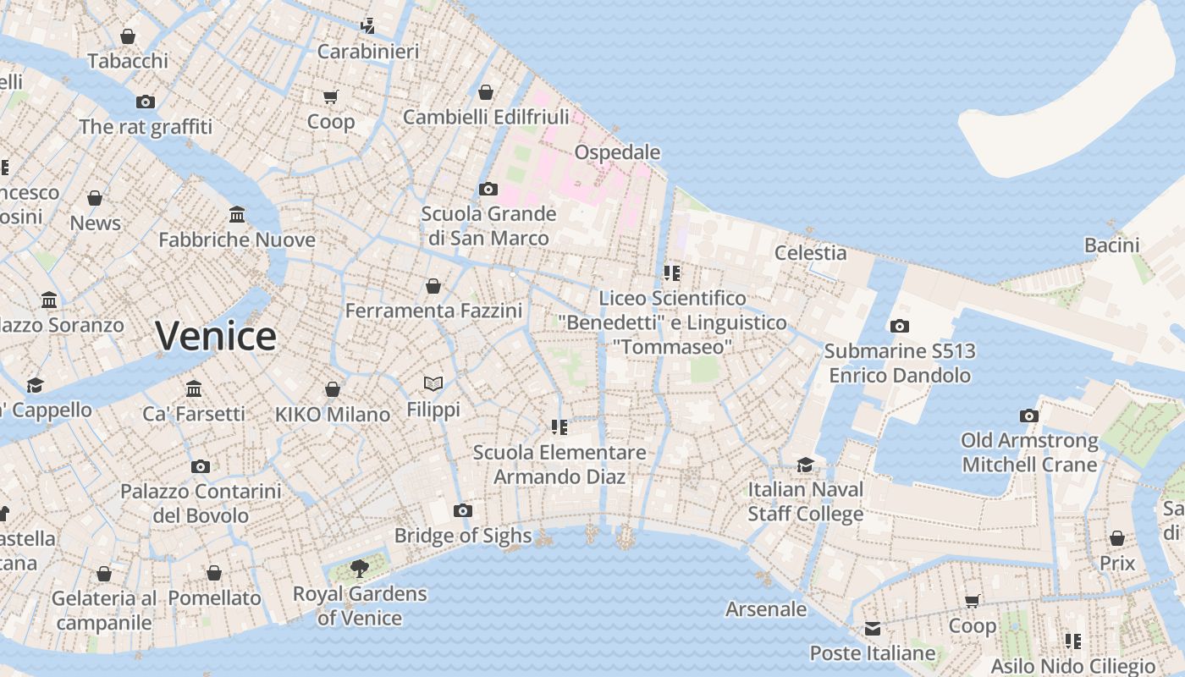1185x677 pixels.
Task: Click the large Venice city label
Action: (x=216, y=336)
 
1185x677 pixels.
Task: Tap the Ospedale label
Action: (x=617, y=152)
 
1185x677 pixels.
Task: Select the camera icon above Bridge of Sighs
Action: (x=462, y=510)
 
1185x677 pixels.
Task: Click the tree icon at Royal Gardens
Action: (x=360, y=568)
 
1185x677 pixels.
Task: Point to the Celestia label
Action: (x=810, y=252)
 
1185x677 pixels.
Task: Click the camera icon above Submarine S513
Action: (x=900, y=326)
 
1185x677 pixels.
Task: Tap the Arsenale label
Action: (x=766, y=608)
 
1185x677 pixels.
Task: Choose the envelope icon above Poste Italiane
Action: (x=872, y=629)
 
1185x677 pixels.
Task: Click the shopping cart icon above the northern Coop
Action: (x=330, y=96)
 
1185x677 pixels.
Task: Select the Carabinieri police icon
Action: (x=367, y=26)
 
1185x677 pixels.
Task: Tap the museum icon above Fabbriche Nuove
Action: (x=237, y=215)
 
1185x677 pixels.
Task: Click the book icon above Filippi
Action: (x=433, y=384)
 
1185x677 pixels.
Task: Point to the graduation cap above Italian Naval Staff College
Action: (x=805, y=465)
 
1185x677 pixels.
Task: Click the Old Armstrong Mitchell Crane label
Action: (x=1029, y=452)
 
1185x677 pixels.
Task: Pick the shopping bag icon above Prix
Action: (x=1117, y=538)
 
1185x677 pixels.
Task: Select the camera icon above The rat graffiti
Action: (x=146, y=102)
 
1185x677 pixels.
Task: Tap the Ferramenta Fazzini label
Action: (x=433, y=311)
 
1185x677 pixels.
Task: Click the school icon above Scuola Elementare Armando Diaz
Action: (x=559, y=427)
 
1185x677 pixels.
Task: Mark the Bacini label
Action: (x=1111, y=245)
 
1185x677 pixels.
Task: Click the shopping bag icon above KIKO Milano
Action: (x=333, y=389)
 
